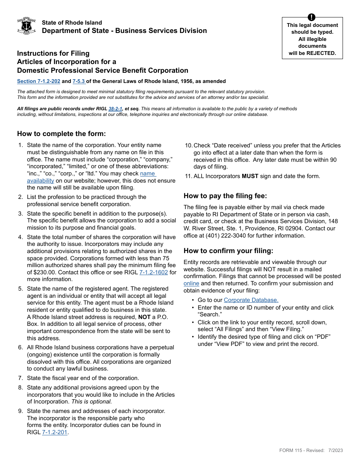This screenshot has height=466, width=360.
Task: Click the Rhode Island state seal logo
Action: point(27,26)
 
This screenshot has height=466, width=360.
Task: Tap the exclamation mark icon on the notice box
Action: point(311,17)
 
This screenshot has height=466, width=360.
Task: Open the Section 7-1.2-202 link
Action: point(39,81)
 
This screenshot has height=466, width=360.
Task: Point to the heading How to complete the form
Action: point(61,134)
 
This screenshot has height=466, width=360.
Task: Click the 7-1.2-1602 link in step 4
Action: point(153,272)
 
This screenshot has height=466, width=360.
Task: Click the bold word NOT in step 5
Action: point(144,317)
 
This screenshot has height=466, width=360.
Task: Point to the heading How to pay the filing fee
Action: point(225,196)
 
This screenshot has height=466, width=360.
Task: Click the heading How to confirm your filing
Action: point(228,251)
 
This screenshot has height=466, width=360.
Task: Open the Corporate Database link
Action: point(251,300)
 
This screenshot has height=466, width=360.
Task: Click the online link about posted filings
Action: point(191,283)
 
